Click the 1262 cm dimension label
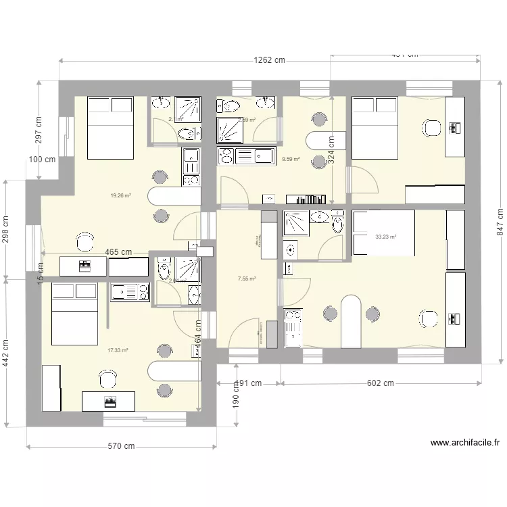pos(269,60)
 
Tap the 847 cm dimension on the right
pos(500,220)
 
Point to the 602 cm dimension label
pos(380,383)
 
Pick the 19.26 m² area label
pos(120,195)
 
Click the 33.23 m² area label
pos(385,237)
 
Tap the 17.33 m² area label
pos(118,350)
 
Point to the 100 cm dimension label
pos(42,160)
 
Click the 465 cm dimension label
pos(118,251)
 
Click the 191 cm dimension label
pos(248,383)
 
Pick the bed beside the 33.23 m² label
pos(384,233)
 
